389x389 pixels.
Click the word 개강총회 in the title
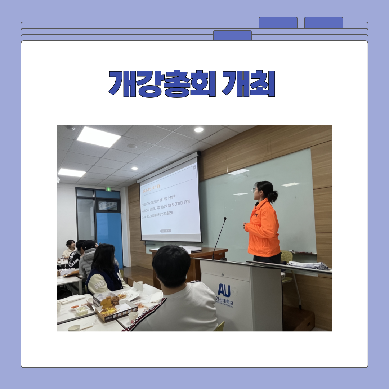[162, 83]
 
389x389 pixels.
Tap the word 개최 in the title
[249, 83]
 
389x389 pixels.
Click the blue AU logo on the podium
[224, 290]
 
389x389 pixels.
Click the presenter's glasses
[255, 190]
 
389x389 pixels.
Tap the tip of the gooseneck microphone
[225, 219]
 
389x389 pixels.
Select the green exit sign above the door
[108, 189]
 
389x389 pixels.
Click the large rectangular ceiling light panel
[98, 137]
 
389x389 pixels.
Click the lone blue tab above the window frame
[232, 35]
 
